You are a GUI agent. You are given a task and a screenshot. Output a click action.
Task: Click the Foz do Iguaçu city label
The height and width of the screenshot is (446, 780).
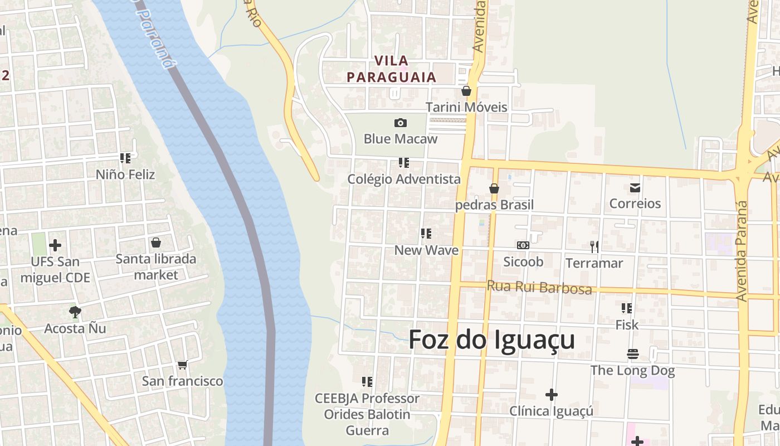click(x=491, y=340)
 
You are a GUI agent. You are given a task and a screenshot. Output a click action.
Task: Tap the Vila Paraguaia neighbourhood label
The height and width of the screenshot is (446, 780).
click(x=391, y=69)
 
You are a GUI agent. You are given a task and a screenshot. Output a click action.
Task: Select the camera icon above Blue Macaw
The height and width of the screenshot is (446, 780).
click(x=400, y=123)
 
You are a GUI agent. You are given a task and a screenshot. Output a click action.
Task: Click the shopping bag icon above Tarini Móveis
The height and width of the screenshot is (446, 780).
click(x=466, y=91)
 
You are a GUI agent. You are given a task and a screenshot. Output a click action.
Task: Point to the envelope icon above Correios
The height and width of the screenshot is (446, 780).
click(x=635, y=187)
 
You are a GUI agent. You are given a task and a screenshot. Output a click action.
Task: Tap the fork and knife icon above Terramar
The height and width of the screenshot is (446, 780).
click(x=594, y=246)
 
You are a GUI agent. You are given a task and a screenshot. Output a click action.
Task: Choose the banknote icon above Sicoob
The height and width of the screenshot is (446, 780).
click(x=523, y=245)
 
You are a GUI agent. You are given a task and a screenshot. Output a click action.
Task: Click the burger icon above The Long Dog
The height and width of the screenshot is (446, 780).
click(x=632, y=354)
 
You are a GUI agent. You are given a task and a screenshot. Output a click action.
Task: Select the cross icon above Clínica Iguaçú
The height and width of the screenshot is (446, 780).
click(x=552, y=395)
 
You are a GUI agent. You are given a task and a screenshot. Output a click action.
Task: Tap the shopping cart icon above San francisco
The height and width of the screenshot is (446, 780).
click(x=182, y=365)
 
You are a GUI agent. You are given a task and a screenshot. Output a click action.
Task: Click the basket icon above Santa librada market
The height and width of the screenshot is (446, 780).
click(x=156, y=243)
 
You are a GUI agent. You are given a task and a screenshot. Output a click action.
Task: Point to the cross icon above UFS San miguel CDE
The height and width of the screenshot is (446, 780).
click(x=55, y=245)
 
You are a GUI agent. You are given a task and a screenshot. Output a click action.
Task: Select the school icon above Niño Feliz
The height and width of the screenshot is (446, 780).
click(x=125, y=158)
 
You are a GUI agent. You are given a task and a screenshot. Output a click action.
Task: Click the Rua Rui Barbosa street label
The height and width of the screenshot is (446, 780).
click(x=539, y=287)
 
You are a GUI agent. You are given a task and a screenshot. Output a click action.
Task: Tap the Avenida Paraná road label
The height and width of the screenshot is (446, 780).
click(x=742, y=251)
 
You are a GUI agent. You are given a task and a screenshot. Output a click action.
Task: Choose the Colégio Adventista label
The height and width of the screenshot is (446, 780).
click(x=404, y=179)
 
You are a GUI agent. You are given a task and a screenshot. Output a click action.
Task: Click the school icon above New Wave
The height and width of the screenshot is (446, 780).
click(x=426, y=234)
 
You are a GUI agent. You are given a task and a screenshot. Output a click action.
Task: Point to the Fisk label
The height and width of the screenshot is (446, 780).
click(x=627, y=324)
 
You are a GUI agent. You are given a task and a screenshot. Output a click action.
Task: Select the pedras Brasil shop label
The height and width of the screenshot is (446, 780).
click(x=494, y=205)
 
